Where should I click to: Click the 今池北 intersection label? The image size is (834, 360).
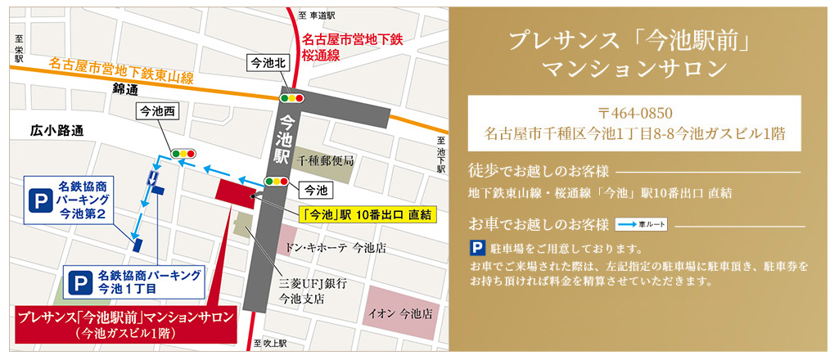268,62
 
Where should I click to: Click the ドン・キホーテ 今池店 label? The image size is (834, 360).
336,245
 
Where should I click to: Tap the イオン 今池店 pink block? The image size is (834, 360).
400,313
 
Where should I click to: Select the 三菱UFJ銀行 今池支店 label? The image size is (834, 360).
302,290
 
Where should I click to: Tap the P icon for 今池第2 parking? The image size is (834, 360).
39,199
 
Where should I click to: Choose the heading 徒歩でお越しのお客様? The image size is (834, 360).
539,172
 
